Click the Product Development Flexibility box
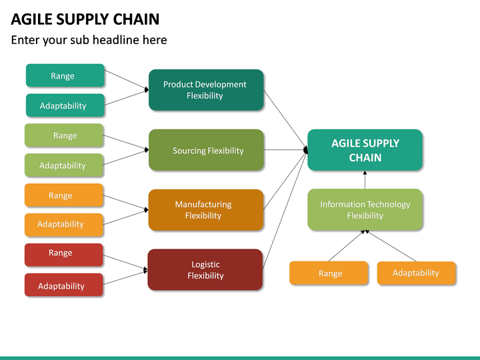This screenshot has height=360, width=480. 205,90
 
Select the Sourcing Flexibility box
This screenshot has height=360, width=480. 206,150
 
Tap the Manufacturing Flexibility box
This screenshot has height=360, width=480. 206,210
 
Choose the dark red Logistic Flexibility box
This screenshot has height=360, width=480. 205,270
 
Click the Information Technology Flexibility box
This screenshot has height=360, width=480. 365,210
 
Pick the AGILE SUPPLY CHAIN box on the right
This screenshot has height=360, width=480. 365,150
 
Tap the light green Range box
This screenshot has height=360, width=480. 64,135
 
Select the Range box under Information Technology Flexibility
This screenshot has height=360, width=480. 329,273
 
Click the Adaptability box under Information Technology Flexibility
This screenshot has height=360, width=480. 417,273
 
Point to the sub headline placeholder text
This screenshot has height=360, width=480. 89,40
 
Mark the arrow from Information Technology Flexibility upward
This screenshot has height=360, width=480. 365,179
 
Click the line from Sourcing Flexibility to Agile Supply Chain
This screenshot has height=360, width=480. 285,150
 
